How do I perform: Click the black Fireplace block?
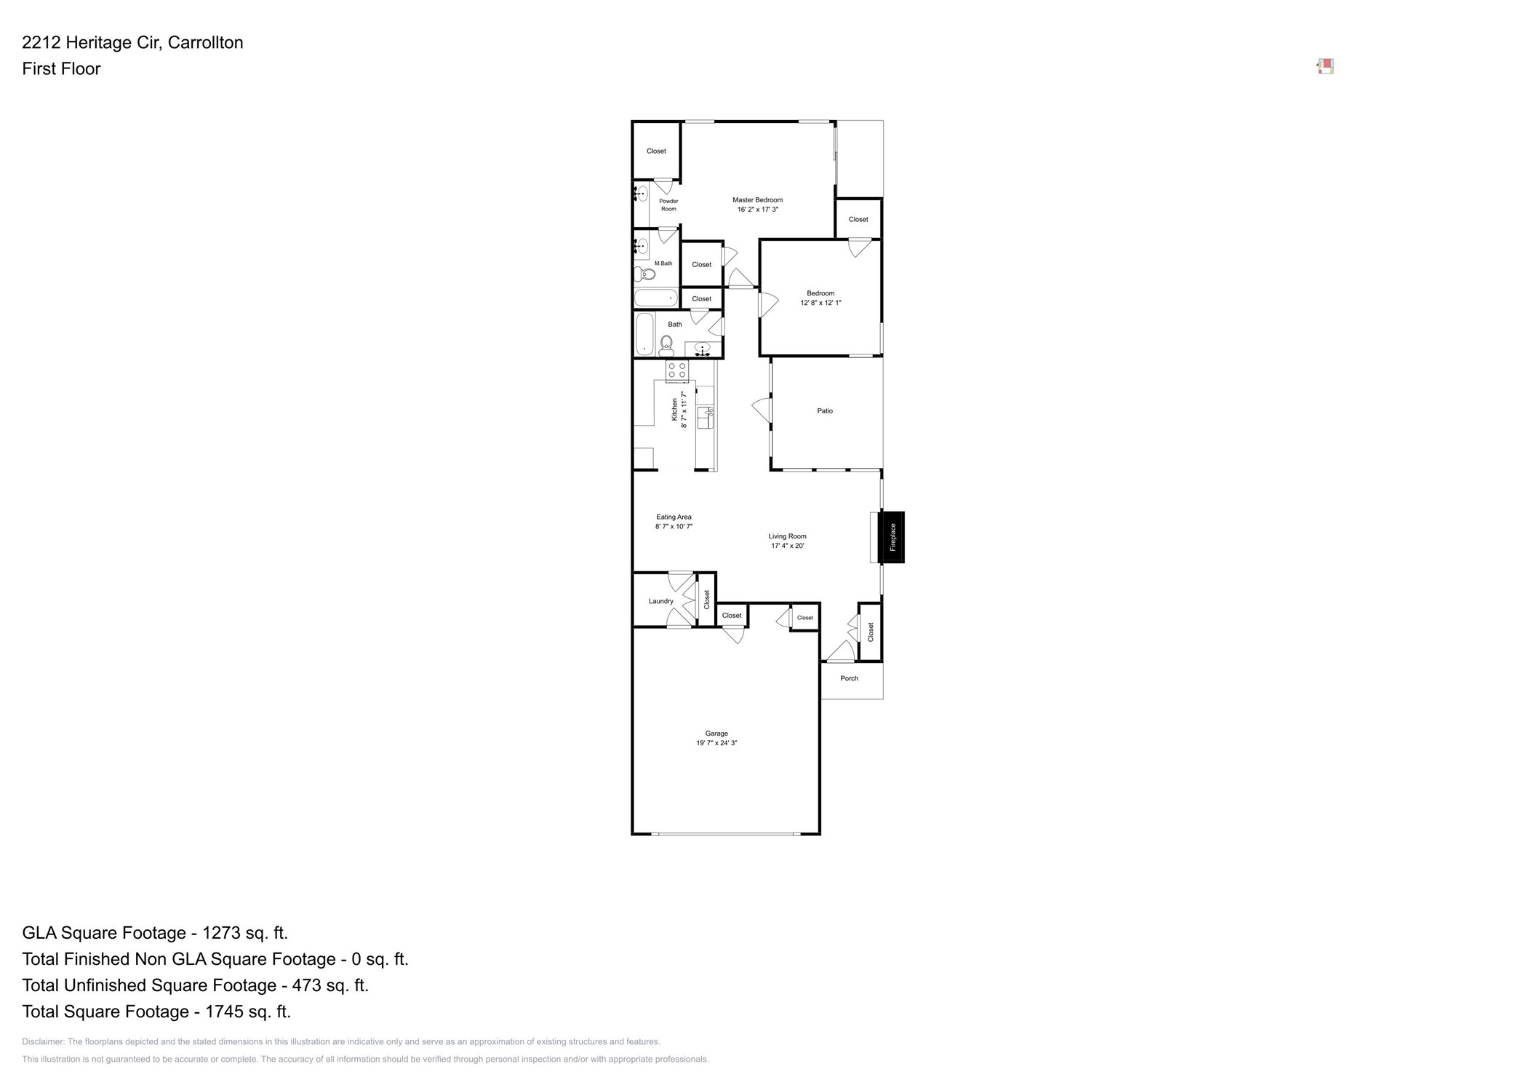(x=891, y=537)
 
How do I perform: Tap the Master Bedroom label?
(x=757, y=200)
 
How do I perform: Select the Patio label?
(x=824, y=411)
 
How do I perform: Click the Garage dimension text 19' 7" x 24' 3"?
(x=716, y=743)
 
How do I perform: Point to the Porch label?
(x=849, y=678)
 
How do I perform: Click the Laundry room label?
(x=660, y=601)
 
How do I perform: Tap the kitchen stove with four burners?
(x=677, y=370)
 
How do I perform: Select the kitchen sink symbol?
(x=705, y=418)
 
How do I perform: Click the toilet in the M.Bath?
(x=645, y=274)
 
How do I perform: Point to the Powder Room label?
(x=668, y=205)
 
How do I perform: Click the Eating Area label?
(x=674, y=517)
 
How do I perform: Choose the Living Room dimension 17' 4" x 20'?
(x=787, y=546)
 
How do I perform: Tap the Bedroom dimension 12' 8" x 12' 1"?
(x=820, y=303)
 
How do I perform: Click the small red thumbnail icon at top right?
(x=1325, y=67)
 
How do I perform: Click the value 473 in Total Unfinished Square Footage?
(x=306, y=985)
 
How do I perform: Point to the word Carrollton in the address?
(x=205, y=43)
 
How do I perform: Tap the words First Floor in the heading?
(x=61, y=69)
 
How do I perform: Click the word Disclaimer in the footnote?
(x=42, y=1042)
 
